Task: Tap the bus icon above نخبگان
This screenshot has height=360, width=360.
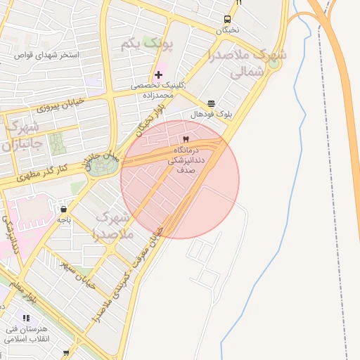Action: [227, 20]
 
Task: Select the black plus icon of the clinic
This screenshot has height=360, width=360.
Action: [159, 75]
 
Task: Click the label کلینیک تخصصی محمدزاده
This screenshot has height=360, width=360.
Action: [160, 89]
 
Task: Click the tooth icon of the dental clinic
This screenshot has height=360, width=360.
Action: [186, 139]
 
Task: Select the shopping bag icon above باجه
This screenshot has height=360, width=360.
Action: [63, 209]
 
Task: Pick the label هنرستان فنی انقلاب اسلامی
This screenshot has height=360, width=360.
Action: [26, 333]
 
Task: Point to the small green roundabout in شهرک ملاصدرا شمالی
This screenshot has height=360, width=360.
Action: [273, 64]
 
